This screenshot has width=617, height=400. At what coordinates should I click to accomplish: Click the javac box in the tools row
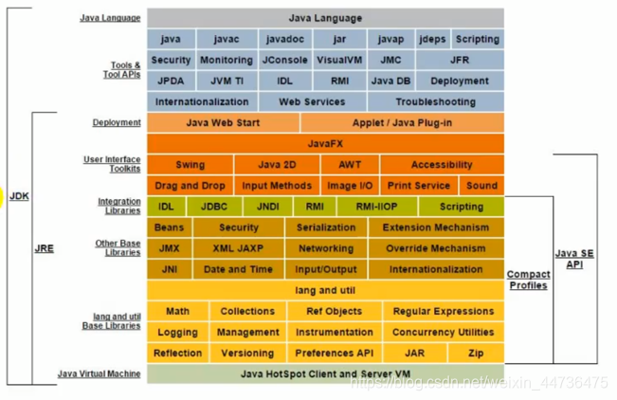click(227, 39)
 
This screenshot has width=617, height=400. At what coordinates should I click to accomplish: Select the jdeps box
click(432, 39)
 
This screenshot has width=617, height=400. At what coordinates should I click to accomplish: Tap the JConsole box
click(285, 60)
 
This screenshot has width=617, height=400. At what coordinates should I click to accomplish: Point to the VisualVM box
click(339, 60)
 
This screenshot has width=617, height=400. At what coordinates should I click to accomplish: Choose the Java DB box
click(390, 81)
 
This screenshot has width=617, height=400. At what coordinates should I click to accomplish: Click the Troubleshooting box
click(436, 102)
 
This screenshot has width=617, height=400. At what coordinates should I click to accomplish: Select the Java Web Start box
click(223, 123)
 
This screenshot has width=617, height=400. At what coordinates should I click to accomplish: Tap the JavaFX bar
click(325, 144)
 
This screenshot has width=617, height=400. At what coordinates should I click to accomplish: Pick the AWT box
click(350, 165)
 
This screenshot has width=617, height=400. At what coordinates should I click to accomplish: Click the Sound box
click(481, 186)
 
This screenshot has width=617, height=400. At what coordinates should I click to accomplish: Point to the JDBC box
click(214, 207)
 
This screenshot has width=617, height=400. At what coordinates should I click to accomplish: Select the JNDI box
click(268, 207)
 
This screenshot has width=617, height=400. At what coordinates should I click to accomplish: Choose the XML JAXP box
click(238, 248)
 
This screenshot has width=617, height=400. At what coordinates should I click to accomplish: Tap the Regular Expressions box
click(444, 311)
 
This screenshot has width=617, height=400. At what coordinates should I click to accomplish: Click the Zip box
click(476, 354)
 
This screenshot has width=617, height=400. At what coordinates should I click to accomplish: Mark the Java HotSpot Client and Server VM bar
click(325, 373)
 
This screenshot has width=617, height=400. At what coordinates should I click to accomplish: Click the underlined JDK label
click(19, 196)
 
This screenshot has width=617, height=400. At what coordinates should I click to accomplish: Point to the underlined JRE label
click(44, 248)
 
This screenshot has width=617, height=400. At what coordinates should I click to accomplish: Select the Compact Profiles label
click(529, 280)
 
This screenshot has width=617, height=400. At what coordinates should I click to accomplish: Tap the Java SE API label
click(574, 259)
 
